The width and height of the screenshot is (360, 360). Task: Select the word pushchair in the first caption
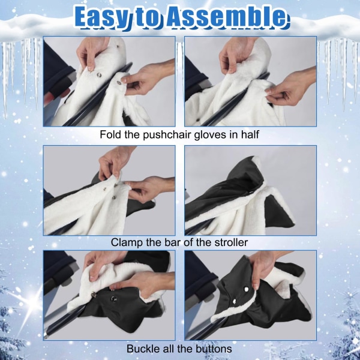point(167,134)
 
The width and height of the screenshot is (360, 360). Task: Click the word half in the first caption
point(250,134)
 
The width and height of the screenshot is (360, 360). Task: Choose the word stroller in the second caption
point(231,242)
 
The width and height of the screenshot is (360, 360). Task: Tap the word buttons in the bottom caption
point(214,349)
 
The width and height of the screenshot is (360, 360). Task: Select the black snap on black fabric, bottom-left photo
point(113,298)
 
